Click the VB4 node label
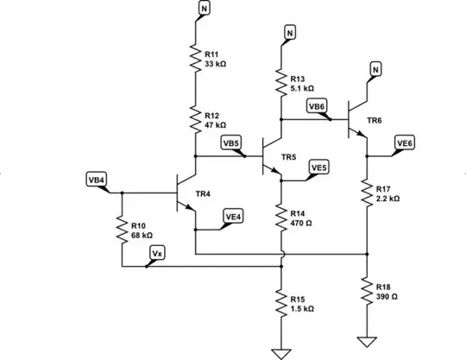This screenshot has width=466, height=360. click(x=97, y=180)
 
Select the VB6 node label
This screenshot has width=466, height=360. click(x=318, y=106)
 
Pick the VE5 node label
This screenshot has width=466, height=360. click(x=318, y=167)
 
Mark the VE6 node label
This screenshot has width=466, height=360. click(x=405, y=142)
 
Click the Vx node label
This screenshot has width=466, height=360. click(x=156, y=252)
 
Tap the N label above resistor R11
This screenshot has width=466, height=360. click(x=204, y=8)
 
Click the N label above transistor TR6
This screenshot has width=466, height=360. click(x=375, y=68)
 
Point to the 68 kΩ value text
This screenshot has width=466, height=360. click(x=142, y=235)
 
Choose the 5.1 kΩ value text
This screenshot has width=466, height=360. click(x=303, y=88)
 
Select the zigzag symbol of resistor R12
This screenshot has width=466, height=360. click(x=196, y=118)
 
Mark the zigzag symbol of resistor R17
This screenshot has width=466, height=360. click(x=368, y=193)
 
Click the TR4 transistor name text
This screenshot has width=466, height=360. click(x=204, y=194)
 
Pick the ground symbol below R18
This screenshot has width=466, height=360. click(x=368, y=339)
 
